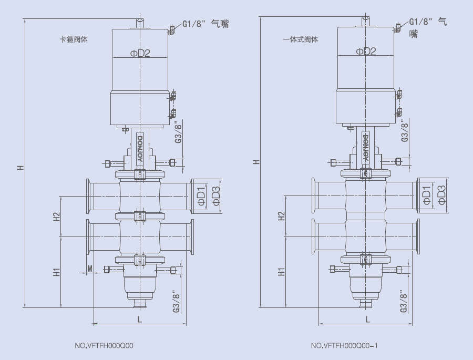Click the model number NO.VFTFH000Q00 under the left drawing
[104, 345]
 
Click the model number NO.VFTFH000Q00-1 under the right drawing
[344, 345]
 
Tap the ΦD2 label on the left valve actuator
[140, 53]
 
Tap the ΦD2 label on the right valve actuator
[366, 51]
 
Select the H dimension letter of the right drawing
[256, 161]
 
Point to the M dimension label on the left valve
[90, 269]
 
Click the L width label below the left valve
[139, 319]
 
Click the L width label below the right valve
[368, 319]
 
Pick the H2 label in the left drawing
[57, 217]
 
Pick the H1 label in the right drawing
[282, 272]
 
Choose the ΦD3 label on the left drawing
[215, 196]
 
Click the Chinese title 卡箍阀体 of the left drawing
[74, 39]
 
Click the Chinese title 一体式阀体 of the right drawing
[300, 39]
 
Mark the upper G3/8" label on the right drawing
[405, 130]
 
